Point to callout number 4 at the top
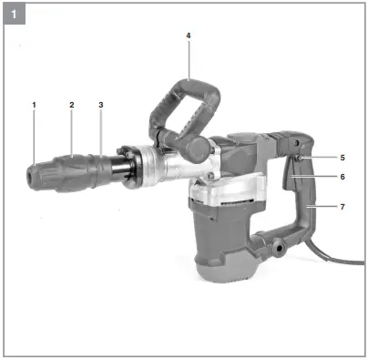(x=188, y=36)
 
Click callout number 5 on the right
(x=342, y=157)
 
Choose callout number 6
(x=342, y=177)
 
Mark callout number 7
(x=342, y=208)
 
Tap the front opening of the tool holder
(x=31, y=170)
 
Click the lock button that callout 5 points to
(x=299, y=159)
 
